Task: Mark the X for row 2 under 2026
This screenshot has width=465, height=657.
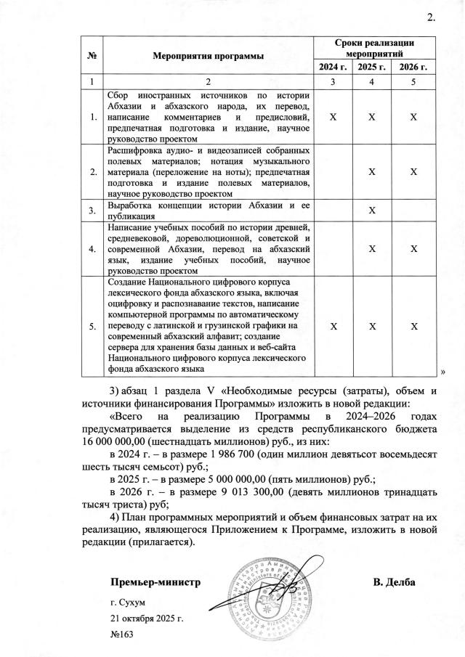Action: [x=414, y=172]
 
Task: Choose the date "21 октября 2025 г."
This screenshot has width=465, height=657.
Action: [x=147, y=618]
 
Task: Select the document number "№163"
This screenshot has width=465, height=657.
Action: [x=122, y=634]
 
